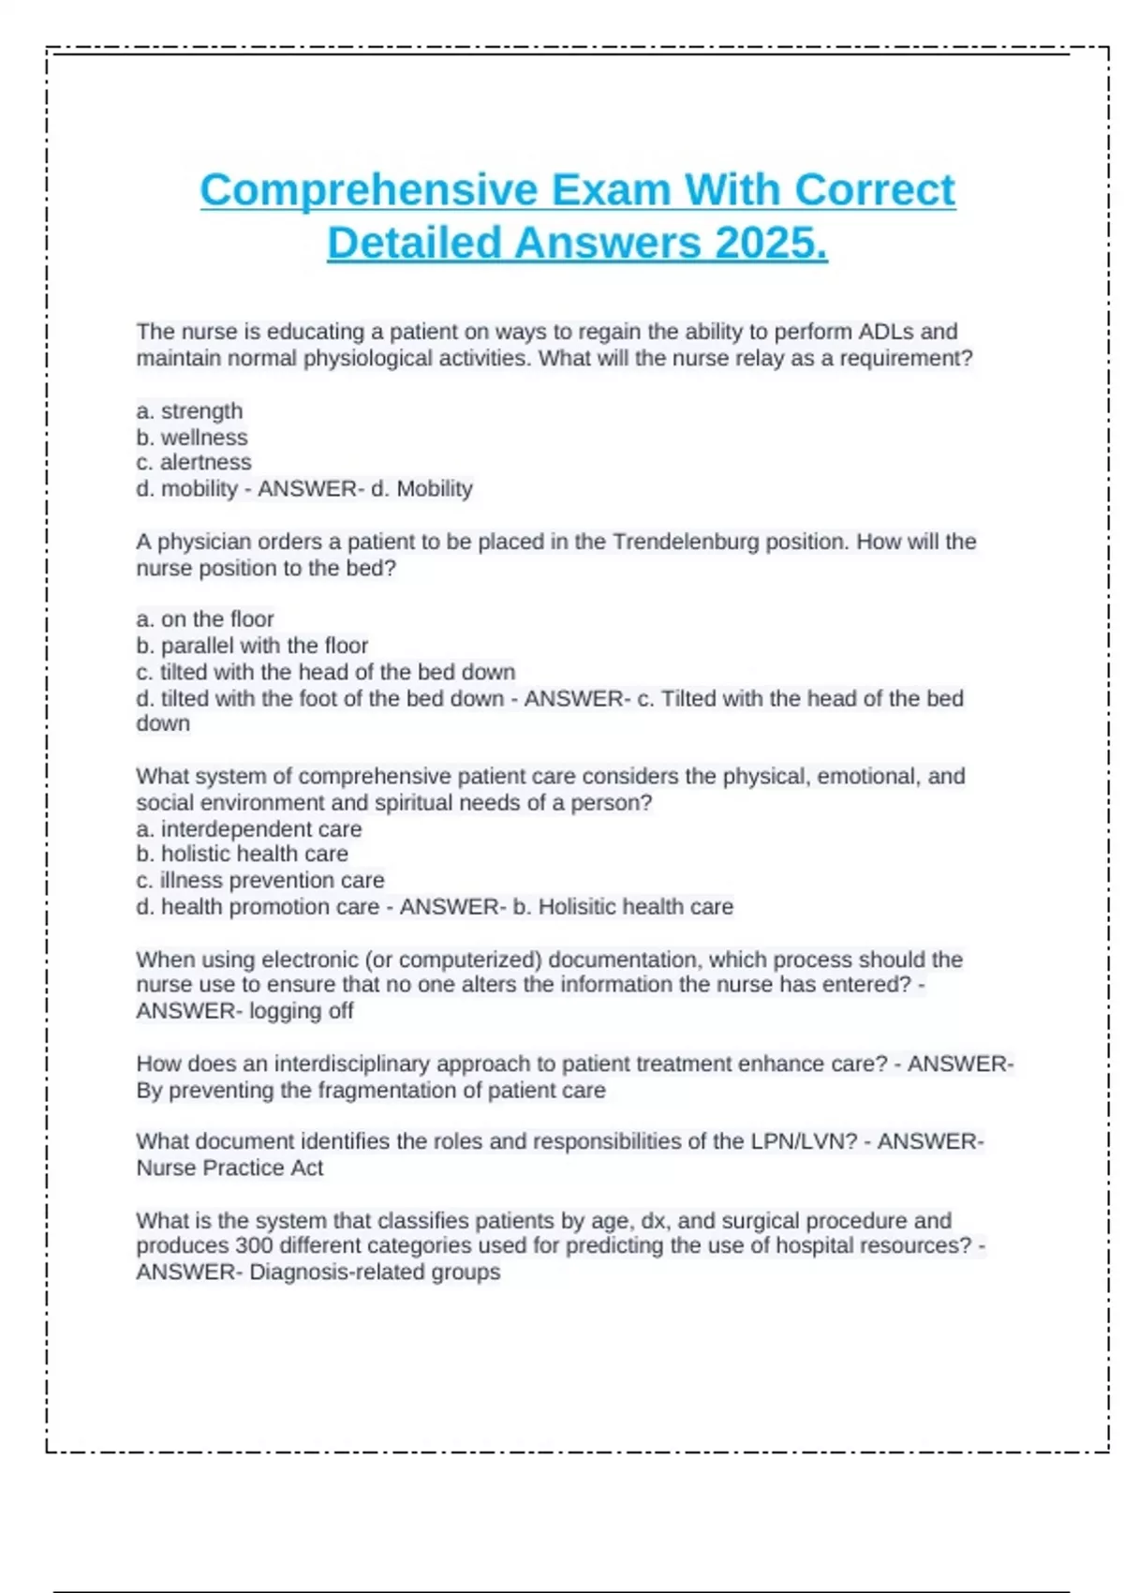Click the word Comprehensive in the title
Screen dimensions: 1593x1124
(x=369, y=190)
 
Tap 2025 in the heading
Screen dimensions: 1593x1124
(x=771, y=244)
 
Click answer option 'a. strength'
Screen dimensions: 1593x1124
(x=189, y=411)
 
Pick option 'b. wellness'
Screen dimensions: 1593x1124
(x=192, y=438)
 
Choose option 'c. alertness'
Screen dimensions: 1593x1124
(x=194, y=462)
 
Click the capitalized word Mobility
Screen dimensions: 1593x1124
(x=435, y=488)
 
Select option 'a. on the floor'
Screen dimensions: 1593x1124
(x=205, y=619)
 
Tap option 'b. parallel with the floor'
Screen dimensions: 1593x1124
(x=252, y=646)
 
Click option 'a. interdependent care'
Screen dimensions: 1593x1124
(x=249, y=829)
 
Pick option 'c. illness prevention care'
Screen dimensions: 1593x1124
(x=260, y=881)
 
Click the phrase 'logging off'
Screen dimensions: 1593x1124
(x=301, y=1011)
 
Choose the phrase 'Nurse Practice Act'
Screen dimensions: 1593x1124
(x=229, y=1169)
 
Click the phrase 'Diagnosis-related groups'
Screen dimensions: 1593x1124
(x=375, y=1273)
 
